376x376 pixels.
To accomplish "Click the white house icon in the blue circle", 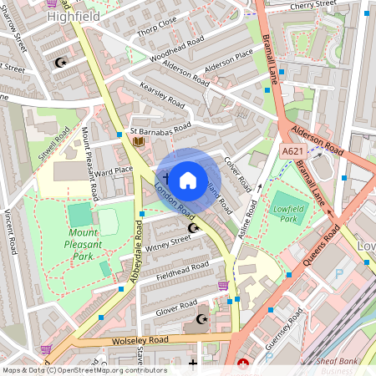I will pyautogui.click(x=188, y=180).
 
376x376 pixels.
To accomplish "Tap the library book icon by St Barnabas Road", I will pyautogui.click(x=138, y=141).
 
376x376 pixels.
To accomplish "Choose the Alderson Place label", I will pyautogui.click(x=229, y=65).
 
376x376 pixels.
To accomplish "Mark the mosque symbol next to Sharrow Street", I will pyautogui.click(x=59, y=62).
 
